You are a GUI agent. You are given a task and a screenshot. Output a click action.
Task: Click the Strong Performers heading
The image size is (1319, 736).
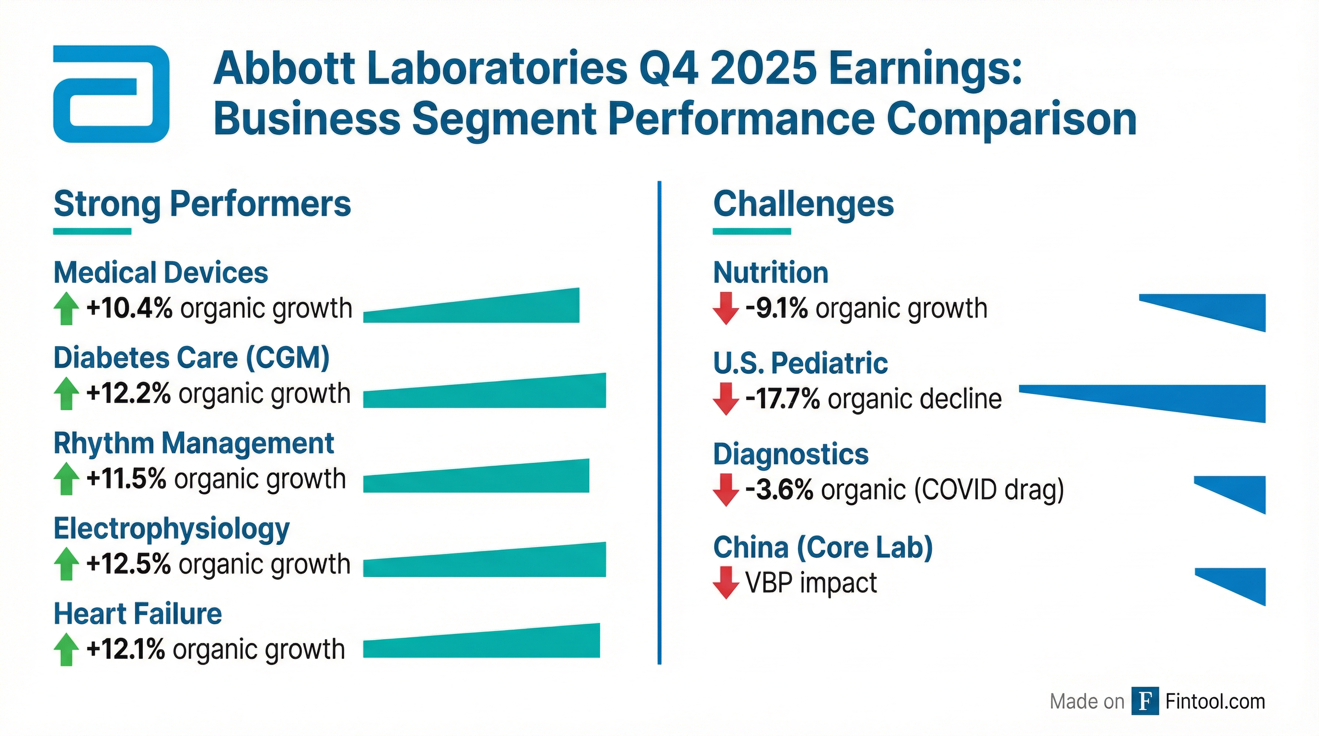(x=202, y=204)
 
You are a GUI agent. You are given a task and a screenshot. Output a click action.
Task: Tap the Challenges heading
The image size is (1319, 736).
(x=803, y=204)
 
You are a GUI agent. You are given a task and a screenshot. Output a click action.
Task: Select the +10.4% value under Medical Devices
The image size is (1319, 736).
(x=129, y=309)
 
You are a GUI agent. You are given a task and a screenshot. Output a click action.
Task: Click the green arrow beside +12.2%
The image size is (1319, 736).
(x=66, y=393)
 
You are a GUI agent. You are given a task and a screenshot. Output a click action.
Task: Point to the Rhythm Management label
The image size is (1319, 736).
(x=194, y=443)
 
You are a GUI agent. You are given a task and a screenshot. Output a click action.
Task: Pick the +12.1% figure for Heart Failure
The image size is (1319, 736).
(x=126, y=649)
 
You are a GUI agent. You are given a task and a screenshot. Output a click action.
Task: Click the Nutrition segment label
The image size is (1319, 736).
(x=771, y=272)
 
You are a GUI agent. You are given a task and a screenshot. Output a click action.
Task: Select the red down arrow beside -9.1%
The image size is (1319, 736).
(x=726, y=309)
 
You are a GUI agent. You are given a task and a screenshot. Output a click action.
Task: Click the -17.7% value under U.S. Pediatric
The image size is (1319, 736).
(x=782, y=399)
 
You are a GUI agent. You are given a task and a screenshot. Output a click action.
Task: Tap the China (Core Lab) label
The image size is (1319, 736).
(x=823, y=547)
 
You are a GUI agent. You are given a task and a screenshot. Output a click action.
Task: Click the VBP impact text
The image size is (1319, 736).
(x=811, y=583)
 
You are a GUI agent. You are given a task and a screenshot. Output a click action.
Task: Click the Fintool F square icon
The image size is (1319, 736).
(x=1145, y=701)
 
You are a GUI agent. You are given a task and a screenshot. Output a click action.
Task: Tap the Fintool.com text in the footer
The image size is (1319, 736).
(x=1215, y=701)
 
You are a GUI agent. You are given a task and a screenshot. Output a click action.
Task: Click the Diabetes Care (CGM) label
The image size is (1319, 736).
(x=192, y=358)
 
